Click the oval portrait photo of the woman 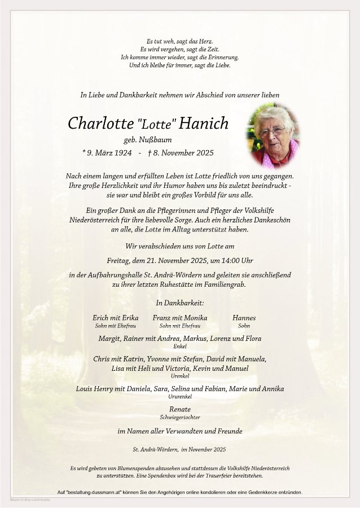[272, 136]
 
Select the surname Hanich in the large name [204, 123]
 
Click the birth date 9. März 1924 [110, 153]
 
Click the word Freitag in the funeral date [118, 261]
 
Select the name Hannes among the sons [244, 318]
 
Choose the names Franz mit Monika [179, 318]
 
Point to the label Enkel [180, 346]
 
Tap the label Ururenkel [180, 397]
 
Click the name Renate [180, 409]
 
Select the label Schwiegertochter [180, 417]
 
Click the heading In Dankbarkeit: [180, 303]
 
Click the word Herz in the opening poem [207, 41]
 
